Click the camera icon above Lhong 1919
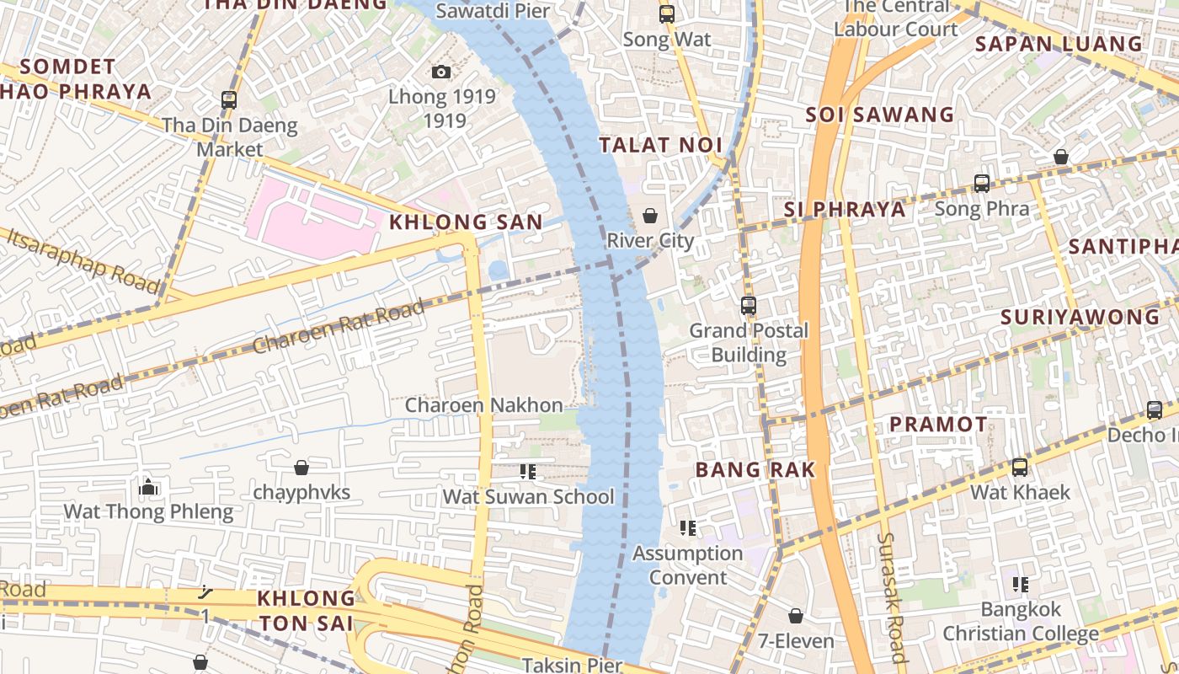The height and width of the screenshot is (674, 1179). [x=440, y=72]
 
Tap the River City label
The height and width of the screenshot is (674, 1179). [x=650, y=240]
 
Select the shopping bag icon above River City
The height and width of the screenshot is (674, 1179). [x=650, y=216]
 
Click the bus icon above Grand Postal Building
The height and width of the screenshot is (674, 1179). [x=748, y=306]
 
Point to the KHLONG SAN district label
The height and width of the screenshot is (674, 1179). [x=466, y=222]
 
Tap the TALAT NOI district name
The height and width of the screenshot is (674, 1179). [x=661, y=145]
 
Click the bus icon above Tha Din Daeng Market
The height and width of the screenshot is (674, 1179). [x=228, y=99]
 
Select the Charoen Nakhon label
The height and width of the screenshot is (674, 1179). [x=483, y=405]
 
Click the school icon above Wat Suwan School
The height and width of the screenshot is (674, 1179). [x=528, y=472]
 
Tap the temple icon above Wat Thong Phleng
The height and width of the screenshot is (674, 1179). [x=148, y=487]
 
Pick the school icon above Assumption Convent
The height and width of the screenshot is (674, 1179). [x=687, y=528]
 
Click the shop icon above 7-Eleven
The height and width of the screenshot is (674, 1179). [x=795, y=617]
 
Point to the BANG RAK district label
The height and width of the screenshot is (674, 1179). [x=755, y=470]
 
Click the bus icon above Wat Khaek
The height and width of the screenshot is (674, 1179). [x=1019, y=467]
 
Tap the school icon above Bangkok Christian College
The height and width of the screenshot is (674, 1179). [x=1020, y=584]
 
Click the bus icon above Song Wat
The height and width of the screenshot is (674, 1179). [x=666, y=14]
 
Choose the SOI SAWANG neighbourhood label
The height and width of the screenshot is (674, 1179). [x=879, y=115]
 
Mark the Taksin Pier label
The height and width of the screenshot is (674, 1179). [x=572, y=665]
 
